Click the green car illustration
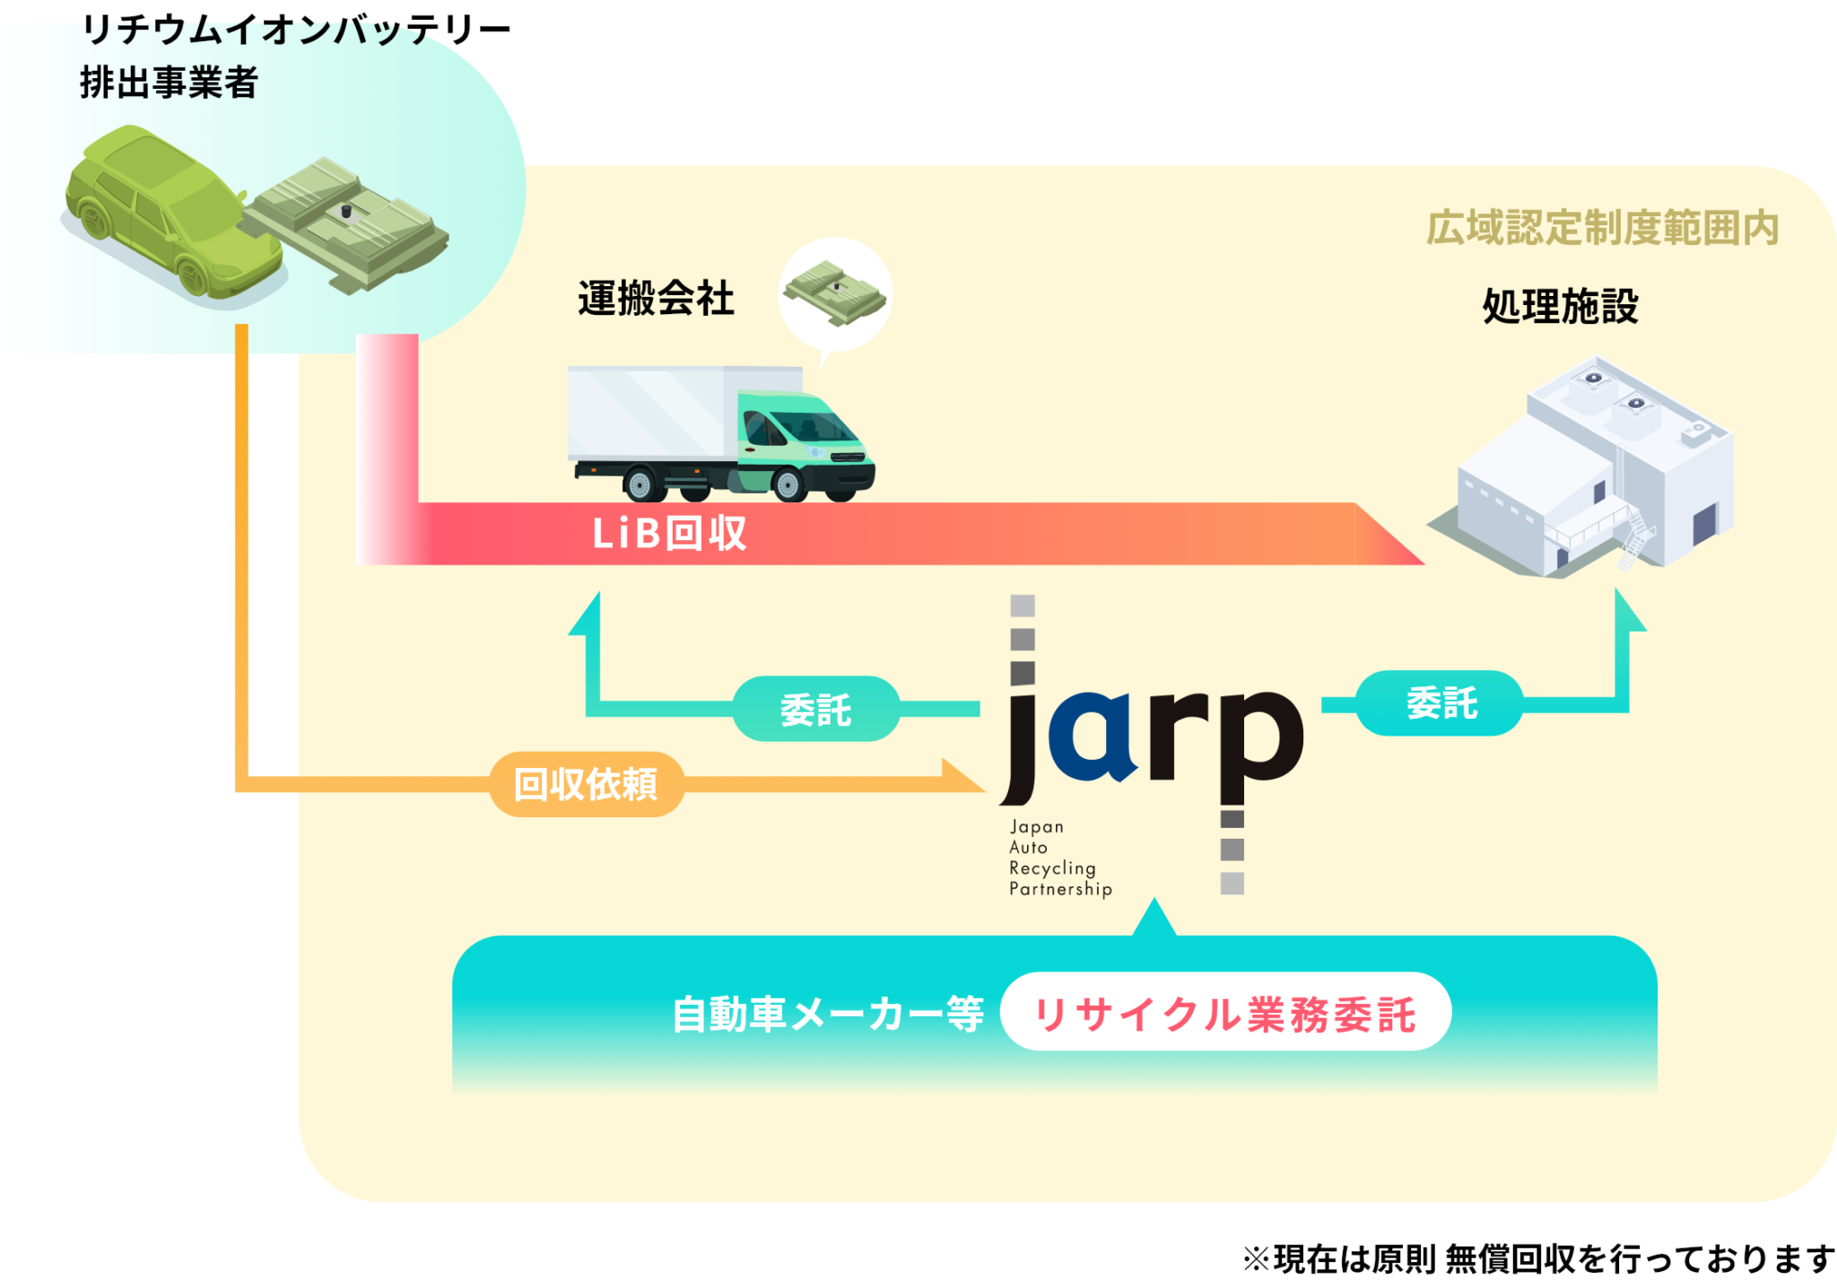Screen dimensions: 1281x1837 pos(166,211)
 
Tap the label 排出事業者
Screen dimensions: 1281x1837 pos(169,83)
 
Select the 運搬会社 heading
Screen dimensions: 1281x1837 pos(656,299)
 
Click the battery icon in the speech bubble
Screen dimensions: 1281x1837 pos(835,290)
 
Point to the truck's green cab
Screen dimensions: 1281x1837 pos(798,440)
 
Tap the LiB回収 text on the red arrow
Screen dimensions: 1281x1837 pos(669,534)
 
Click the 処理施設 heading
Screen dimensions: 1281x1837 pos(1560,307)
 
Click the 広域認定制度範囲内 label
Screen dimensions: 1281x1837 pos(1602,228)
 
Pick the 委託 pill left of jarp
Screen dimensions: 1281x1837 pos(816,710)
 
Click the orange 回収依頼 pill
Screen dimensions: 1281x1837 pos(587,785)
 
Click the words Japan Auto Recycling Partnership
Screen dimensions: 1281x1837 pos(1059,858)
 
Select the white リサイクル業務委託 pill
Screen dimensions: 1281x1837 pos(1225,1014)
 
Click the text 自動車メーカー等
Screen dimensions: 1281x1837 pos(828,1015)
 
